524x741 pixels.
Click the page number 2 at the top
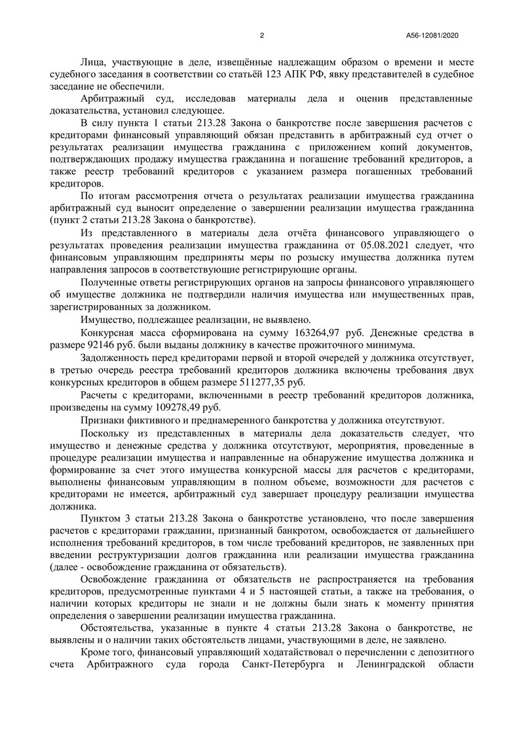[262, 35]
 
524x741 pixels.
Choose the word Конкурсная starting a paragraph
[107, 333]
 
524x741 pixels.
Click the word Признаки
[101, 420]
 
